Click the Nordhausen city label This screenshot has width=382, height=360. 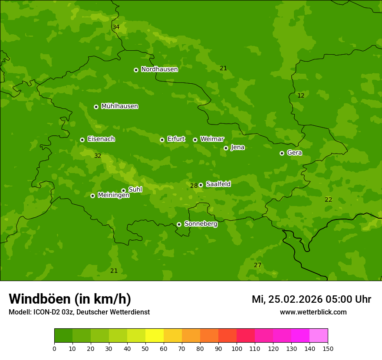tap(159, 69)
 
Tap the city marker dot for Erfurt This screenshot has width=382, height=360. tap(162, 140)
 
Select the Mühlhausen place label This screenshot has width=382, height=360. tap(119, 106)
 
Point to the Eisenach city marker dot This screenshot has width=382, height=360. tap(82, 140)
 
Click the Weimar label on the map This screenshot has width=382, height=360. tap(212, 139)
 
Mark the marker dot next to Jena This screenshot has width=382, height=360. tap(226, 148)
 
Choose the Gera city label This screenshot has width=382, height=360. tap(294, 153)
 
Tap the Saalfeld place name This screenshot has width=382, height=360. tap(218, 184)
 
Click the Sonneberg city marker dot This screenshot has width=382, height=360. tap(179, 224)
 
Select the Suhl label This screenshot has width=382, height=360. tap(135, 190)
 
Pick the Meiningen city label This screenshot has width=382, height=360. tap(113, 195)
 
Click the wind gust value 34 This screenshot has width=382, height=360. tap(116, 27)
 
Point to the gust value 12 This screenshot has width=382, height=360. tap(301, 96)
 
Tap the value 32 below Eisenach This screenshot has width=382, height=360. tap(98, 156)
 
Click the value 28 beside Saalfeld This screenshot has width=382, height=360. tap(194, 186)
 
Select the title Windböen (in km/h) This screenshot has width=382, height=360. tap(70, 299)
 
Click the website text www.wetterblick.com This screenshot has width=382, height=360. tap(313, 312)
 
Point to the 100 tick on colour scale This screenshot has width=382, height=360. tap(237, 348)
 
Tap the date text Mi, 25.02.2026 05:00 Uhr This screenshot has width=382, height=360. tap(311, 299)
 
